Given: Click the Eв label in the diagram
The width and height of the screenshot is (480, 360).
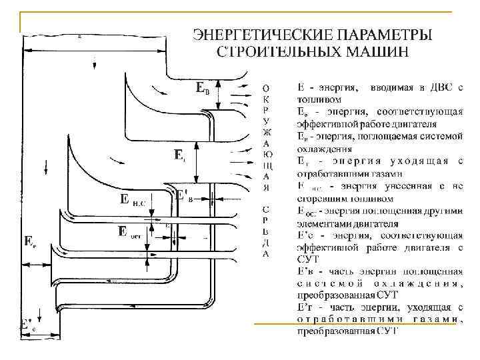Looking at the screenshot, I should [x=203, y=87].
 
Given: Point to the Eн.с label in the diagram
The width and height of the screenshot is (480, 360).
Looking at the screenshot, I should [x=133, y=199].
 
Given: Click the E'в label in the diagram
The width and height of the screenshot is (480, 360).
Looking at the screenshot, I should [x=185, y=196].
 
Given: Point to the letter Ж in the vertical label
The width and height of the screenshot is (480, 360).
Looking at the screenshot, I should [x=266, y=131].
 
